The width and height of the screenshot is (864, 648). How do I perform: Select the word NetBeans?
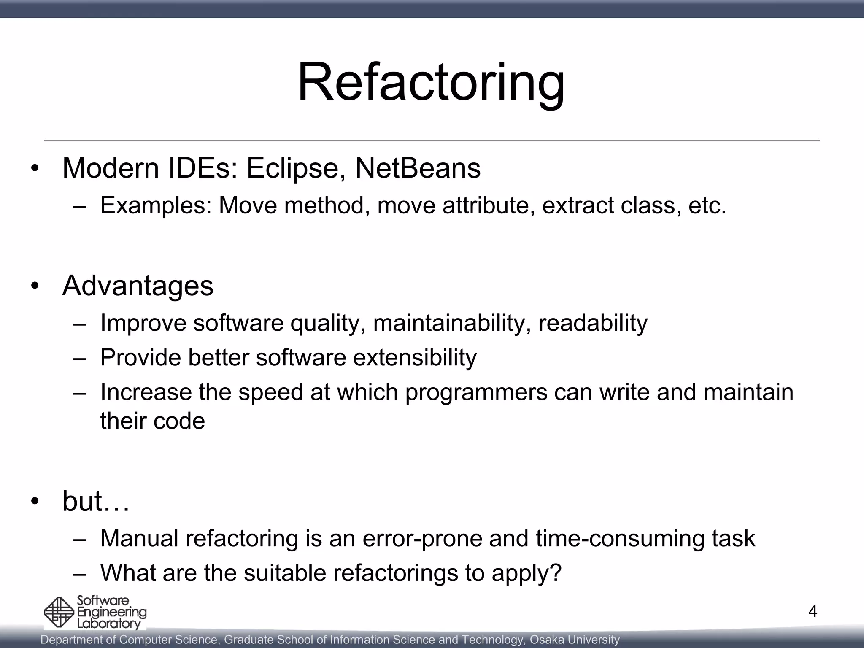pos(418,168)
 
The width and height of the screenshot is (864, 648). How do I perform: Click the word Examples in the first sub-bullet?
pos(155,206)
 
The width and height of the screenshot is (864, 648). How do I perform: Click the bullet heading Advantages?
pos(138,286)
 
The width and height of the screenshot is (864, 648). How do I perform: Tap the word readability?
pos(593,323)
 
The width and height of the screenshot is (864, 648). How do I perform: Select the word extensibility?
pos(415,358)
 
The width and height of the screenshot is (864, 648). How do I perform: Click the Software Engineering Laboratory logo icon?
pos(59,612)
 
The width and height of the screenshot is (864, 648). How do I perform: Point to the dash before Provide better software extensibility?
pos(79,358)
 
